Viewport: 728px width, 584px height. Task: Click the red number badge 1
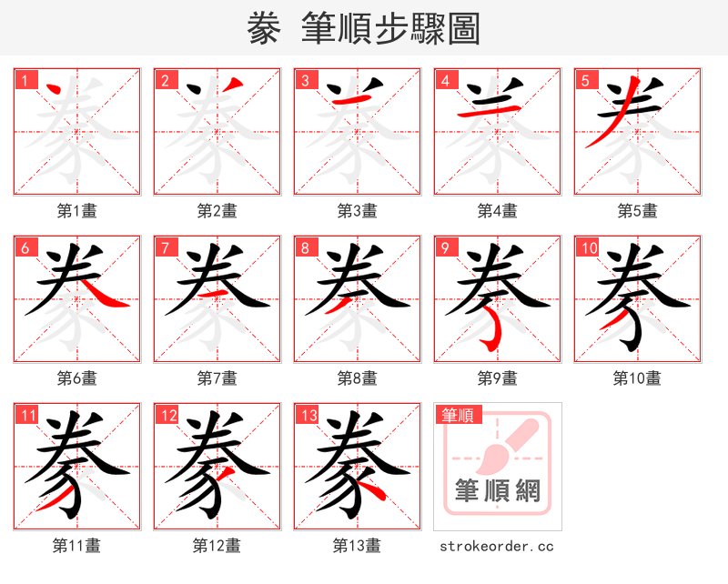click(23, 79)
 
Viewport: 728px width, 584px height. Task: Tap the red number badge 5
click(583, 79)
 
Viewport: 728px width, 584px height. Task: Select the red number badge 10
click(588, 247)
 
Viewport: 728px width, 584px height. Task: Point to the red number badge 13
click(308, 416)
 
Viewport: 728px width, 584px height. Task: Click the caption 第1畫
click(77, 211)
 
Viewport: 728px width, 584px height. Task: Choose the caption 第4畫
click(498, 211)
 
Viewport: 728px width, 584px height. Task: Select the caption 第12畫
click(217, 546)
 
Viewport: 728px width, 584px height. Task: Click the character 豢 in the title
click(264, 29)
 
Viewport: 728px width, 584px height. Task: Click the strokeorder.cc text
click(498, 546)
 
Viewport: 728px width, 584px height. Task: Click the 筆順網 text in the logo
click(498, 491)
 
